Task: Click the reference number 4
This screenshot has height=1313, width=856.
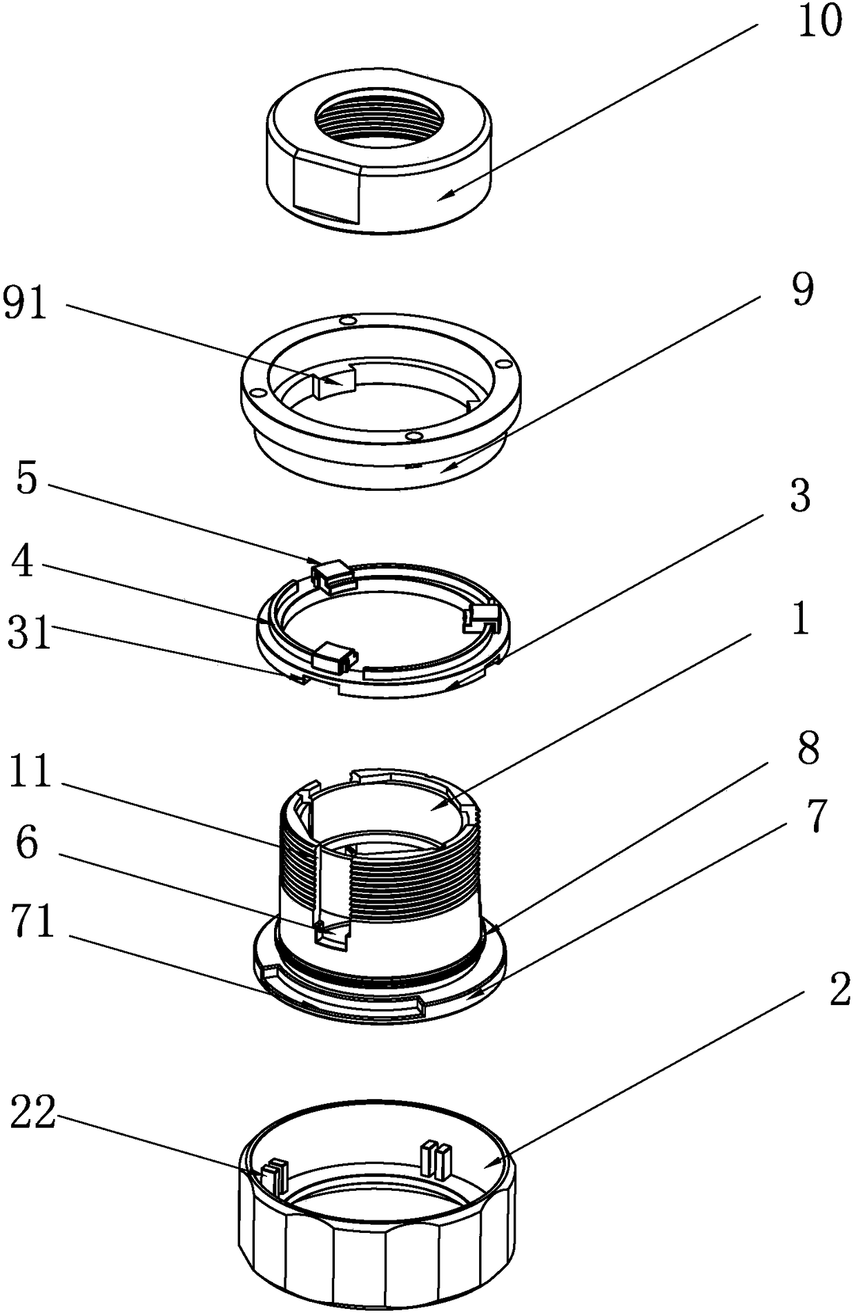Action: (x=22, y=563)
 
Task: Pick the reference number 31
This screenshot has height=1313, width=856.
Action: (x=29, y=634)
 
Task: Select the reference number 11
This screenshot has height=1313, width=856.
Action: (x=30, y=772)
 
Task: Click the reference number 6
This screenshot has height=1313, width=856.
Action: (x=26, y=843)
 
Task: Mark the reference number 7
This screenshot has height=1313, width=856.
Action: (x=816, y=817)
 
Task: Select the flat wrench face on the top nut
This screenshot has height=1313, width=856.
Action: (x=327, y=188)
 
